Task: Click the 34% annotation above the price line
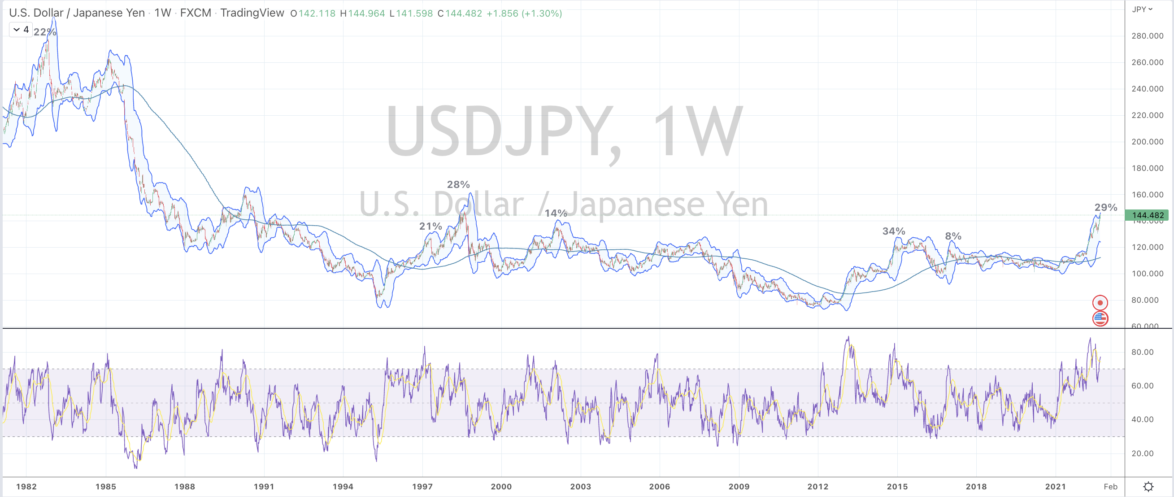click(893, 231)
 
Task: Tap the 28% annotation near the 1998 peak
click(458, 184)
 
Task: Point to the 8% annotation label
click(952, 236)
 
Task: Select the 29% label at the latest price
click(1106, 208)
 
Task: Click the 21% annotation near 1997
click(430, 226)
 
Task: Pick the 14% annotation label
click(556, 213)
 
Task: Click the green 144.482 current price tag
click(1148, 215)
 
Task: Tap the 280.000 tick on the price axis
click(1147, 36)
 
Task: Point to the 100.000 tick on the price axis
click(1147, 274)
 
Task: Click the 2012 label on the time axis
click(817, 487)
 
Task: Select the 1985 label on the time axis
click(105, 487)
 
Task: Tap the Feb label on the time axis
click(1110, 487)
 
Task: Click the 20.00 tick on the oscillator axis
click(1142, 453)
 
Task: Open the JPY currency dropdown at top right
click(1142, 9)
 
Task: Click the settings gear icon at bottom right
click(1148, 486)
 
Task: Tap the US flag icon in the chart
click(1100, 318)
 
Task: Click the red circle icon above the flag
click(1100, 303)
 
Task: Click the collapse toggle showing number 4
click(21, 30)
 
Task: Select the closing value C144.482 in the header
click(459, 13)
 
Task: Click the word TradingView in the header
click(252, 13)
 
